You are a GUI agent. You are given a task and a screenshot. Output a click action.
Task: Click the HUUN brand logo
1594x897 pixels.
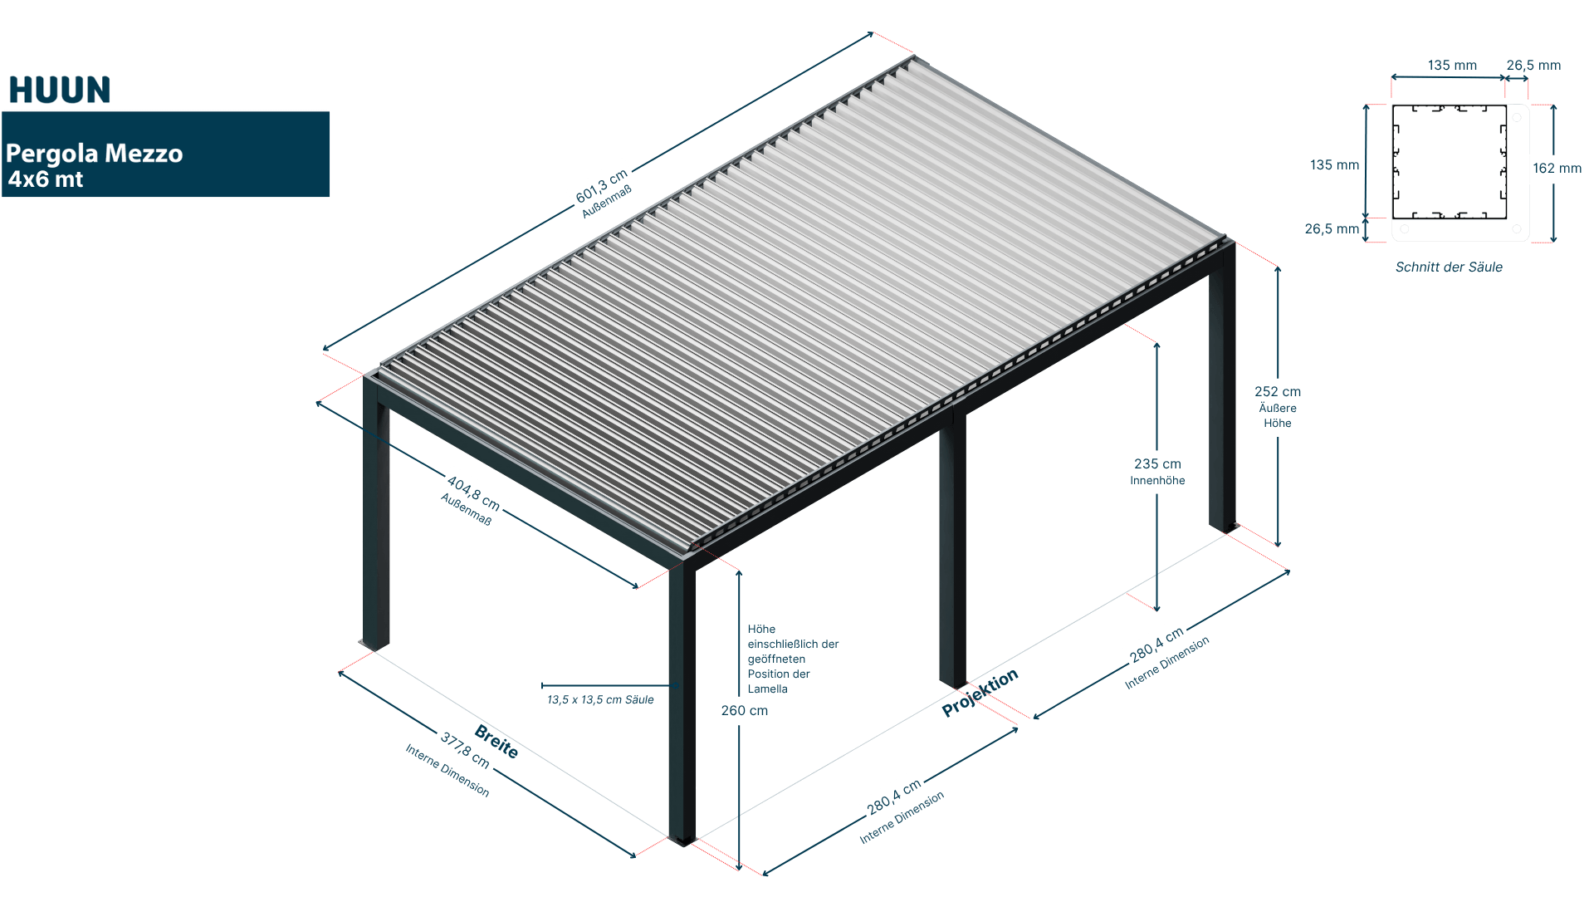point(60,90)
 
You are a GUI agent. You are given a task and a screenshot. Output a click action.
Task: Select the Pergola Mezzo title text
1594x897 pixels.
point(94,154)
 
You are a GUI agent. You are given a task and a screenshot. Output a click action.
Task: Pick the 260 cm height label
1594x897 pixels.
point(745,711)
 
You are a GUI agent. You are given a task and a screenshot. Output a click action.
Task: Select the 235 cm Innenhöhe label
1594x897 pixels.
point(1157,472)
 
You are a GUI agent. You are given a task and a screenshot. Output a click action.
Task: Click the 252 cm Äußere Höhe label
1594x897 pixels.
point(1278,406)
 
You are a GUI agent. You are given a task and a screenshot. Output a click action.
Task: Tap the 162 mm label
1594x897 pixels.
point(1557,169)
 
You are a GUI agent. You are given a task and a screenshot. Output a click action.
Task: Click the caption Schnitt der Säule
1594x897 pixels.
point(1449,267)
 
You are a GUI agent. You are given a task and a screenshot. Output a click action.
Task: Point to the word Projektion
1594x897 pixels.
point(980,693)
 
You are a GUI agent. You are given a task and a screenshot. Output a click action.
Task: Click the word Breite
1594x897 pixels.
point(496,742)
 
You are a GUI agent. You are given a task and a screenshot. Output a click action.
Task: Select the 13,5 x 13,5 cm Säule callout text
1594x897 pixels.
point(600,700)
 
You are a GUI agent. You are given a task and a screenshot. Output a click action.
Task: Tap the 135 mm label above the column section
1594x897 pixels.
point(1452,66)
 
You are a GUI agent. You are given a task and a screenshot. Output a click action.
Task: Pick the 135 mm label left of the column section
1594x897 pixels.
point(1334,165)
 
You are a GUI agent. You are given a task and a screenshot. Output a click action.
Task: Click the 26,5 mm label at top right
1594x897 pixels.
point(1533,66)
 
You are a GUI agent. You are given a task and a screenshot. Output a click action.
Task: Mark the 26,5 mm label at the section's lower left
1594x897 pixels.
point(1332,229)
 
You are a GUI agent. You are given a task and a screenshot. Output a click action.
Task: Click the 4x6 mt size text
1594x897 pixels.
point(46,179)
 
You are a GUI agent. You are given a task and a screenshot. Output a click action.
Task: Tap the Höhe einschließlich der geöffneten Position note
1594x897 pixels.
point(792,659)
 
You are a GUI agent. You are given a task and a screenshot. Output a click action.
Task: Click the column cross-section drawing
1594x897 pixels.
point(1460,173)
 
